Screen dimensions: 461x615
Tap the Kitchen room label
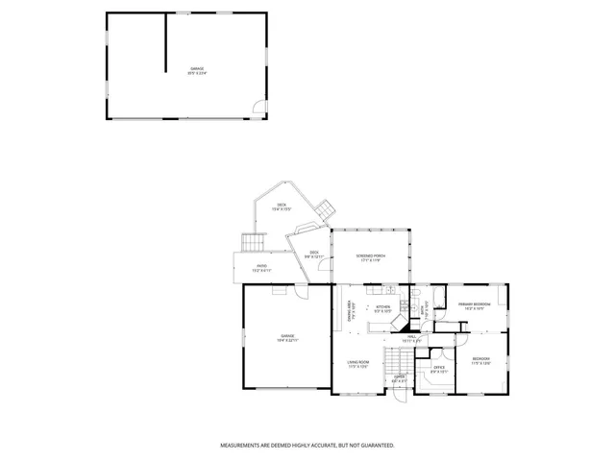[382, 309]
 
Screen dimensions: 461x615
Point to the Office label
[437, 369]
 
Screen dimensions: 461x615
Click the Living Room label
[359, 364]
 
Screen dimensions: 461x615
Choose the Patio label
[261, 268]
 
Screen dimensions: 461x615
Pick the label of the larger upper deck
[283, 206]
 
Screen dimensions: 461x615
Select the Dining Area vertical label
[350, 310]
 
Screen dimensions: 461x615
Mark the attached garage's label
[286, 337]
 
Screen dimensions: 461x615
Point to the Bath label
[424, 309]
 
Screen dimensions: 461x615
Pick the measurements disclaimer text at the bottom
[307, 446]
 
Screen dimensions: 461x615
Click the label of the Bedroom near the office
[480, 362]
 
